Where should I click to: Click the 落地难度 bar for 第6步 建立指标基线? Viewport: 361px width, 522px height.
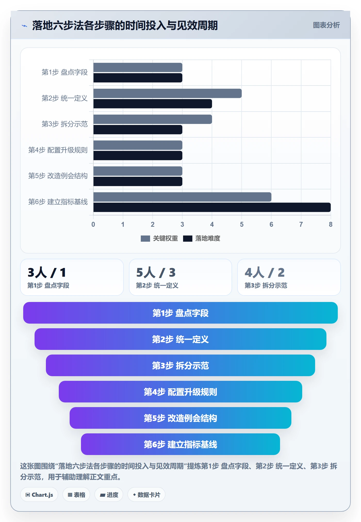tap(212, 207)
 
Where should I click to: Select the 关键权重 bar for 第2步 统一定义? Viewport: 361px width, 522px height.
tap(168, 93)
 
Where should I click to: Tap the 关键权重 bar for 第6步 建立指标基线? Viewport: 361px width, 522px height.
tap(182, 197)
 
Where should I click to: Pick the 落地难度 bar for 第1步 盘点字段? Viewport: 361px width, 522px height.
tap(138, 78)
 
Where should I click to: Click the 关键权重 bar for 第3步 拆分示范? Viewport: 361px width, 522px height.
tap(153, 119)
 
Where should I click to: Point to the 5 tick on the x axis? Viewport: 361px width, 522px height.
tap(242, 224)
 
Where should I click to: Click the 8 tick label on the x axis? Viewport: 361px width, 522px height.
tap(331, 224)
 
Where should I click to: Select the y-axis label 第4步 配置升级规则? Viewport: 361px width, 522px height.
tap(58, 150)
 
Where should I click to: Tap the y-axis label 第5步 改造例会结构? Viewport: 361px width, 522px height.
tap(58, 176)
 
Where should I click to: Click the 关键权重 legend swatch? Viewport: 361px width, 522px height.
tap(145, 239)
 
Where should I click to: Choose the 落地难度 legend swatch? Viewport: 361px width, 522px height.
tap(188, 239)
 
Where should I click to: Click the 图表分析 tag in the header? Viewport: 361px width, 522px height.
tap(326, 25)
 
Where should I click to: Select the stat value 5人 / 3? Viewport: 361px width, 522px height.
tap(156, 273)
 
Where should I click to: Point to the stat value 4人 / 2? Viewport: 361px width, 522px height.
tap(265, 273)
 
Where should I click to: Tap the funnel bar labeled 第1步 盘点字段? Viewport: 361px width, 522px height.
tap(180, 313)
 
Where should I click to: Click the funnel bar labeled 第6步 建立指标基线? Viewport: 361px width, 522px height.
tap(180, 444)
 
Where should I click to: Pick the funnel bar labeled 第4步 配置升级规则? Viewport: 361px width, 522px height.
tap(180, 392)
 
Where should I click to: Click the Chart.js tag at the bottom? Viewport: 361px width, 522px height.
tap(39, 495)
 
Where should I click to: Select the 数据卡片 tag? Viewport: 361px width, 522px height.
tap(146, 495)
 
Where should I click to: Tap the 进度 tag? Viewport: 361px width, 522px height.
tap(109, 495)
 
